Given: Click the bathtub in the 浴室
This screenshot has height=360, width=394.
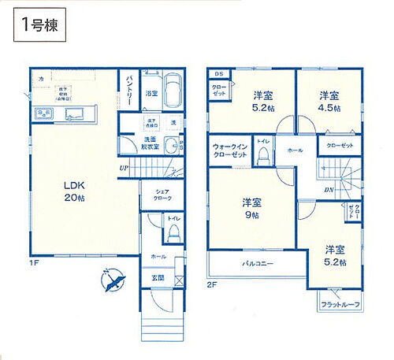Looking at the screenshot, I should coord(171,91).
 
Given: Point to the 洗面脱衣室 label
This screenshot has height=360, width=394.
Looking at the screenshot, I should coord(150,143).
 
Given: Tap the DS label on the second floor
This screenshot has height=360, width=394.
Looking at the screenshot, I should coord(218,74).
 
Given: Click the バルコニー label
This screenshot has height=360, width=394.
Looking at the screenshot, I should coord(257,263).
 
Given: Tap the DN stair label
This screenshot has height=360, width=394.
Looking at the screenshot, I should coord(327,189).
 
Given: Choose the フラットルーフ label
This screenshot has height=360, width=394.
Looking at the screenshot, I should coord(340,303).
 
